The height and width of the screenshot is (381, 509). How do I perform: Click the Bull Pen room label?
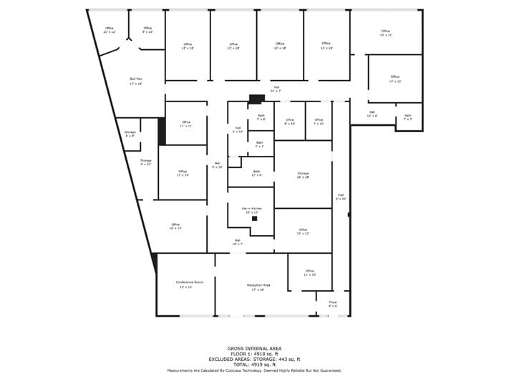coord(135,81)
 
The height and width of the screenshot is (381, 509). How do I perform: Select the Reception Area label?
coord(258,287)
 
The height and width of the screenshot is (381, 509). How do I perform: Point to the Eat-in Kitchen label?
coord(251,210)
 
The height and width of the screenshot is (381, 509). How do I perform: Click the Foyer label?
coord(333,303)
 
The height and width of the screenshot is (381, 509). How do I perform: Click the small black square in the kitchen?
coord(254,219)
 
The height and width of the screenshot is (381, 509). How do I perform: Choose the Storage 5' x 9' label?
coord(130,134)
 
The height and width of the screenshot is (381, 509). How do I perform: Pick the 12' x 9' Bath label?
coord(256,173)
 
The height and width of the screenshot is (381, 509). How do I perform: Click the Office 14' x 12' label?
coord(395,79)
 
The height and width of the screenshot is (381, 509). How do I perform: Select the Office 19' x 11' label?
coord(386,33)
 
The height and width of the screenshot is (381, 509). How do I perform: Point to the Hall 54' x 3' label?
coord(276,89)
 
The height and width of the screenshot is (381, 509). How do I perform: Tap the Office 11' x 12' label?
coord(109,30)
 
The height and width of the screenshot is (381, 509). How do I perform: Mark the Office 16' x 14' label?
coord(175,226)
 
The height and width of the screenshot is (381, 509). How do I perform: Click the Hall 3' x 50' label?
coord(341,197)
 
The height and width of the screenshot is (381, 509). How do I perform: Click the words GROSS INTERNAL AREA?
coord(254,348)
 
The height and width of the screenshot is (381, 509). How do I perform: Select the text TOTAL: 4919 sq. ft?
coord(254,365)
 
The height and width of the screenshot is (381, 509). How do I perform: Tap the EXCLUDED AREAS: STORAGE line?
coord(254,360)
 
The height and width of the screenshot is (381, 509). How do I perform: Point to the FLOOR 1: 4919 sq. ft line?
coord(254,354)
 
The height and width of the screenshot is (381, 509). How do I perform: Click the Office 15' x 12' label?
coord(303,232)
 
